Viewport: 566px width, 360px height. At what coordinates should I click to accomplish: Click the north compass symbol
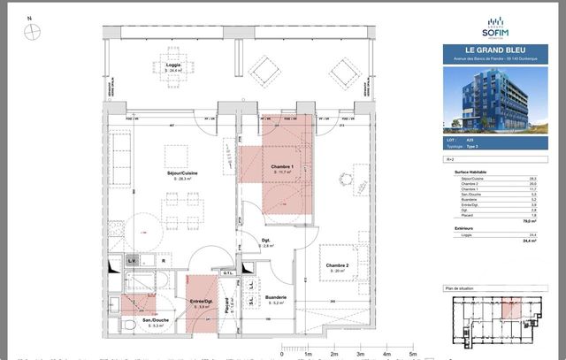[33, 29]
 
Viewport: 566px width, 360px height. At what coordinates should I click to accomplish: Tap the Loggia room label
[174, 65]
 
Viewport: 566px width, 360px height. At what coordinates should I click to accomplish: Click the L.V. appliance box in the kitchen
[130, 260]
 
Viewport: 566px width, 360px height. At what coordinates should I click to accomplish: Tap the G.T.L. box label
[227, 273]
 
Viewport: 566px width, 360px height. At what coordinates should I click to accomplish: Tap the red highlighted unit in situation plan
[512, 308]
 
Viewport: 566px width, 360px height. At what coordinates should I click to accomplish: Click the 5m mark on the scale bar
[413, 352]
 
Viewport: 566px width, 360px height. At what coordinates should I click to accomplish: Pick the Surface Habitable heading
[474, 172]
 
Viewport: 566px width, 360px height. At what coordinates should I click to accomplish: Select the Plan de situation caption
[461, 289]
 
